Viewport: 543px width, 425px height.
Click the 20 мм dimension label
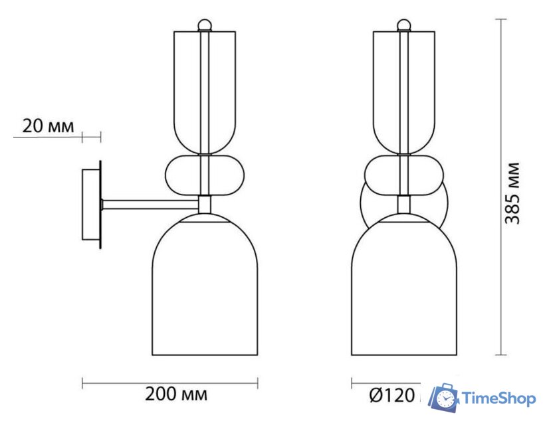(49, 126)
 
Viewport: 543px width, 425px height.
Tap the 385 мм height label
(512, 193)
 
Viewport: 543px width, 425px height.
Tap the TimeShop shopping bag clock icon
(443, 398)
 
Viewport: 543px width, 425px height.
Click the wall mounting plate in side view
(90, 205)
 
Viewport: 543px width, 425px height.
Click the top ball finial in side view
(206, 26)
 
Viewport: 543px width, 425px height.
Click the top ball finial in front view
(403, 26)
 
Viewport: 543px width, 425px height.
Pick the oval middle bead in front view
(403, 175)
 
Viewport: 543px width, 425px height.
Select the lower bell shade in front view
(403, 292)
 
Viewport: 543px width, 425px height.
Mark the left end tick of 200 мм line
(82, 383)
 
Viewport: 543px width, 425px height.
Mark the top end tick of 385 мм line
(502, 20)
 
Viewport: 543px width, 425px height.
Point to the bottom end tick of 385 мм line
(502, 355)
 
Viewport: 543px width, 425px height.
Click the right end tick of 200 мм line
(258, 383)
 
